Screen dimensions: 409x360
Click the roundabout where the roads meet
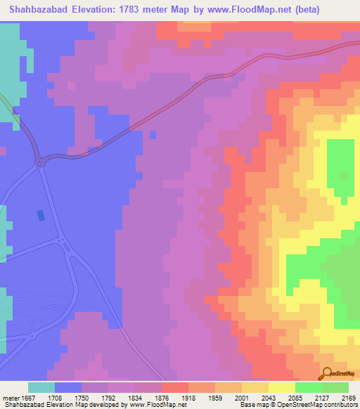(40, 162)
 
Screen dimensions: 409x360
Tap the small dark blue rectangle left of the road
(39, 215)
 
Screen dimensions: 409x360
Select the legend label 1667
(27, 398)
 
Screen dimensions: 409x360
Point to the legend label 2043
(269, 398)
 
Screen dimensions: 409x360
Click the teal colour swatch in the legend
(41, 387)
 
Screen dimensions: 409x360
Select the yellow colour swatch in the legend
(282, 387)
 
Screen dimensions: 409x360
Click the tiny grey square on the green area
(344, 176)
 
